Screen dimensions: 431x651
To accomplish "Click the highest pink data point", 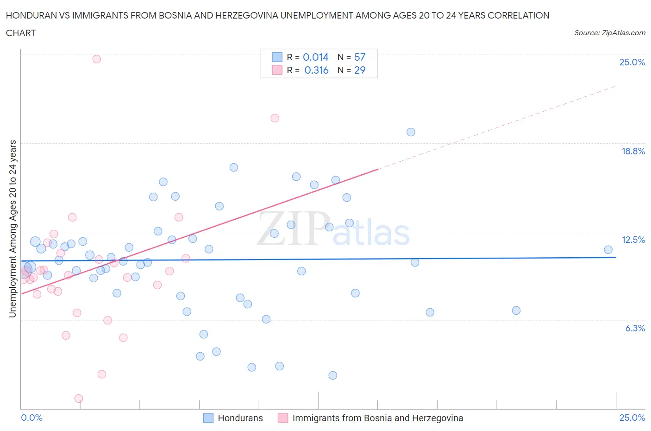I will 96,59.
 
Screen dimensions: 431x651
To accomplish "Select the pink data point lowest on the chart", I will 79,399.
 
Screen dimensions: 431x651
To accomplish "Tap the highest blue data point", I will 411,132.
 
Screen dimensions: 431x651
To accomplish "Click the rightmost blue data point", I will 608,250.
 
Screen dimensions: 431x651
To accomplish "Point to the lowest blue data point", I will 332,375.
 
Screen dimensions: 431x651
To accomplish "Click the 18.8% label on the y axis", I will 633,151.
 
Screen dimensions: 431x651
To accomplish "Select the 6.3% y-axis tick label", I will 635,328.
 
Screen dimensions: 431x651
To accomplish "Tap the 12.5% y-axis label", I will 633,240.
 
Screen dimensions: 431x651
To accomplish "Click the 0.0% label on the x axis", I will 32,418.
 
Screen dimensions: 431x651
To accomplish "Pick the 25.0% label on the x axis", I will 632,418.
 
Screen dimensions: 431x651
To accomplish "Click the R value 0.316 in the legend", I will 316,70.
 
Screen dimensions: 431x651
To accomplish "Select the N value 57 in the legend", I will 360,57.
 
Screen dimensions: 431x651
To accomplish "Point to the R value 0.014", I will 315,57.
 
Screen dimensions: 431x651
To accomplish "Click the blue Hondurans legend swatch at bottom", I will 208,418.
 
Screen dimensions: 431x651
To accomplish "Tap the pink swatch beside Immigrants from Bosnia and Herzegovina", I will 283,418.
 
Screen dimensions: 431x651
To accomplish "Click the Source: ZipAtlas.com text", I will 609,33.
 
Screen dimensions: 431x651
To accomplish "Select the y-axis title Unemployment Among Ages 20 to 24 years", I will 13,229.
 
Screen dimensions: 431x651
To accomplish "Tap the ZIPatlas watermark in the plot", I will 333,229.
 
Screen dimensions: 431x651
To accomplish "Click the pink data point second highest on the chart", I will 275,118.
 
